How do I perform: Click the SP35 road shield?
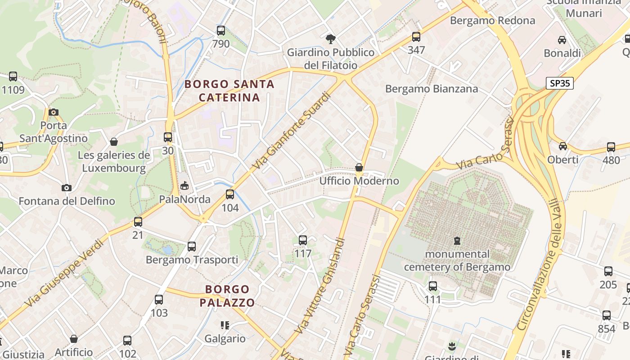pos(560,83)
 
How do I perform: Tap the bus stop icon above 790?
pos(221,31)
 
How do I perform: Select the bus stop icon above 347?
pos(416,37)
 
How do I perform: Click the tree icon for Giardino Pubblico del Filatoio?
pos(331,39)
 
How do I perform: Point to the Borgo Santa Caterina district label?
pos(229,90)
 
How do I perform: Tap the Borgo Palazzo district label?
pos(227,296)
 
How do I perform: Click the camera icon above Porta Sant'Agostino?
pos(54,112)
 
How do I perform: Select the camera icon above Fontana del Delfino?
pos(67,188)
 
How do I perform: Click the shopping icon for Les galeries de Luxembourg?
pos(114,142)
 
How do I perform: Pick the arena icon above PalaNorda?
pos(184,185)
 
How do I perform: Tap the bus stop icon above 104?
pos(230,194)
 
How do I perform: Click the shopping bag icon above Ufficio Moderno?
pos(359,168)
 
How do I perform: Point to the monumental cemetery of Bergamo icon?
pos(457,241)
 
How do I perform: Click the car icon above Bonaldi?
pos(562,40)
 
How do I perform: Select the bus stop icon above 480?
pos(611,147)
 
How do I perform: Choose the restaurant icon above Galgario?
pos(225,325)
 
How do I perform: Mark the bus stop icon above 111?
pos(433,286)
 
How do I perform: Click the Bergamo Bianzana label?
pos(432,89)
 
